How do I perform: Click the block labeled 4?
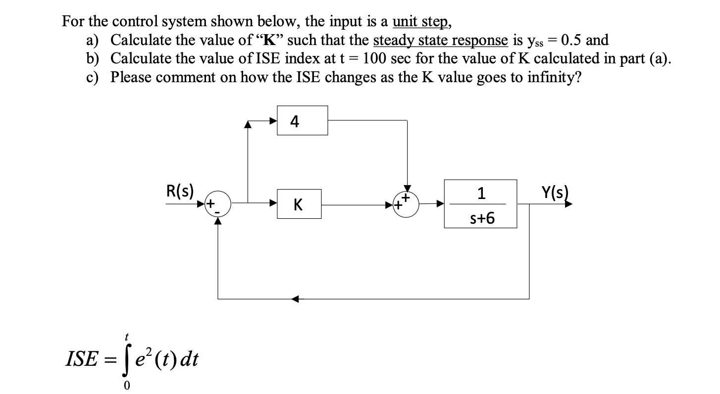pyautogui.click(x=302, y=120)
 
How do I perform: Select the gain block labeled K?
pyautogui.click(x=299, y=204)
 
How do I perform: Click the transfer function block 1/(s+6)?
pyautogui.click(x=480, y=204)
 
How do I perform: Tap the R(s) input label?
pyautogui.click(x=180, y=191)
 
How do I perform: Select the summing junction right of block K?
pyautogui.click(x=407, y=203)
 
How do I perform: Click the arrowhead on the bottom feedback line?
pyautogui.click(x=295, y=299)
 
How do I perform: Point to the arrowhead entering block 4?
pyautogui.click(x=272, y=120)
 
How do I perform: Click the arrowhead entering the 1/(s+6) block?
pyautogui.click(x=439, y=203)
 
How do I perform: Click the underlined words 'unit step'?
pyautogui.click(x=421, y=21)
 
